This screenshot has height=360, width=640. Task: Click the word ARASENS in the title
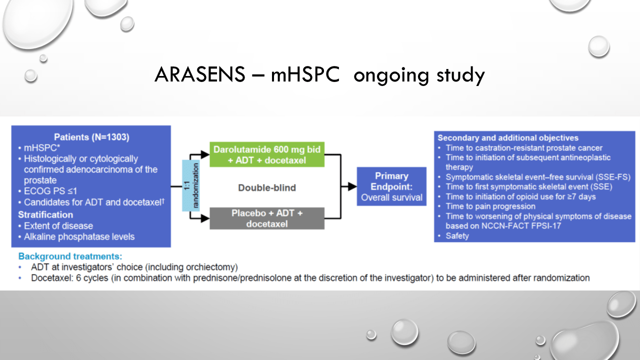click(x=199, y=74)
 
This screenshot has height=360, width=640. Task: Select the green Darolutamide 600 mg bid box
click(x=267, y=154)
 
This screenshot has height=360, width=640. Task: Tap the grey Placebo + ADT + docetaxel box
click(x=267, y=218)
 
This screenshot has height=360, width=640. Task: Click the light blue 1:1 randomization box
click(x=191, y=185)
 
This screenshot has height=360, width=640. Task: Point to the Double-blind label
click(x=267, y=187)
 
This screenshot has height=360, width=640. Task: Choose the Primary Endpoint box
click(x=391, y=186)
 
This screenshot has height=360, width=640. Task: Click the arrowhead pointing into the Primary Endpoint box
click(x=352, y=186)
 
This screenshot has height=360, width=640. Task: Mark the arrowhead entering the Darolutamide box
click(x=205, y=154)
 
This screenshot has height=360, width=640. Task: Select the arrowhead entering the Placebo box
click(x=205, y=218)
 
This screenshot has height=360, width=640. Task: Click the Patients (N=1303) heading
click(x=91, y=137)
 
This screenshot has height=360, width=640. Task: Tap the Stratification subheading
click(x=45, y=215)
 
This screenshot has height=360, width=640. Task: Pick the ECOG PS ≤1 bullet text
click(x=50, y=191)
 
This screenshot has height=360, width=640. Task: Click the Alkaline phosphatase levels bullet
click(x=79, y=237)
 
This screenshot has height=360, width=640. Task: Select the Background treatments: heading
click(x=70, y=256)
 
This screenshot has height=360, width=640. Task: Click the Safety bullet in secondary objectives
click(x=457, y=236)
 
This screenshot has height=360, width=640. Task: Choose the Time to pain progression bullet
click(x=490, y=206)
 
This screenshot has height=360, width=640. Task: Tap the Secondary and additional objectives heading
click(x=508, y=138)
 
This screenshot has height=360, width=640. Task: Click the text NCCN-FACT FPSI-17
click(x=521, y=226)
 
